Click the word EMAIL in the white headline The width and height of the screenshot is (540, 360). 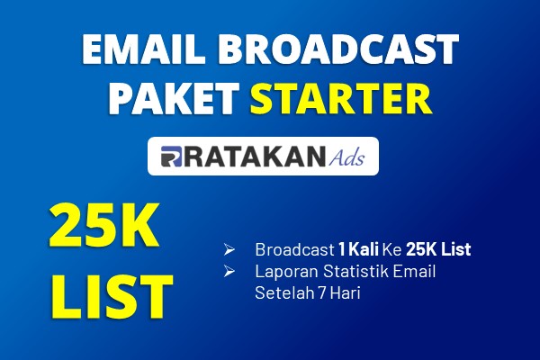pyautogui.click(x=142, y=49)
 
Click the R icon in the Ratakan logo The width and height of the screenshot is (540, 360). pyautogui.click(x=171, y=157)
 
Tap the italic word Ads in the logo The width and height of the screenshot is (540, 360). pyautogui.click(x=346, y=157)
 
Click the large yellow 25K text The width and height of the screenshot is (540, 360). pyautogui.click(x=103, y=225)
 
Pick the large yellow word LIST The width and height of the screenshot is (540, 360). pyautogui.click(x=112, y=296)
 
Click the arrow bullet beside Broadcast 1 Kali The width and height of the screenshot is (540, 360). pyautogui.click(x=229, y=249)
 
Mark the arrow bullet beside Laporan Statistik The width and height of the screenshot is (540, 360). pyautogui.click(x=229, y=271)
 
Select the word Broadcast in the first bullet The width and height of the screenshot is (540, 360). pyautogui.click(x=295, y=249)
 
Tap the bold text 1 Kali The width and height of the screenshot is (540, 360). pyautogui.click(x=359, y=249)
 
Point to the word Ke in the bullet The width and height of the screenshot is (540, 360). pyautogui.click(x=392, y=249)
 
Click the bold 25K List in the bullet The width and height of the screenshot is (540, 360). pyautogui.click(x=438, y=249)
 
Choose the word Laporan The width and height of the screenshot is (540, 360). pyautogui.click(x=286, y=272)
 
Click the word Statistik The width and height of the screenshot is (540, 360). pyautogui.click(x=355, y=271)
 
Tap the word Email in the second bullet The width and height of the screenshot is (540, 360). pyautogui.click(x=414, y=271)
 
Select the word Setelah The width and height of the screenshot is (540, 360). pyautogui.click(x=284, y=292)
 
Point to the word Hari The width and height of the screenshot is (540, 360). pyautogui.click(x=346, y=292)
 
